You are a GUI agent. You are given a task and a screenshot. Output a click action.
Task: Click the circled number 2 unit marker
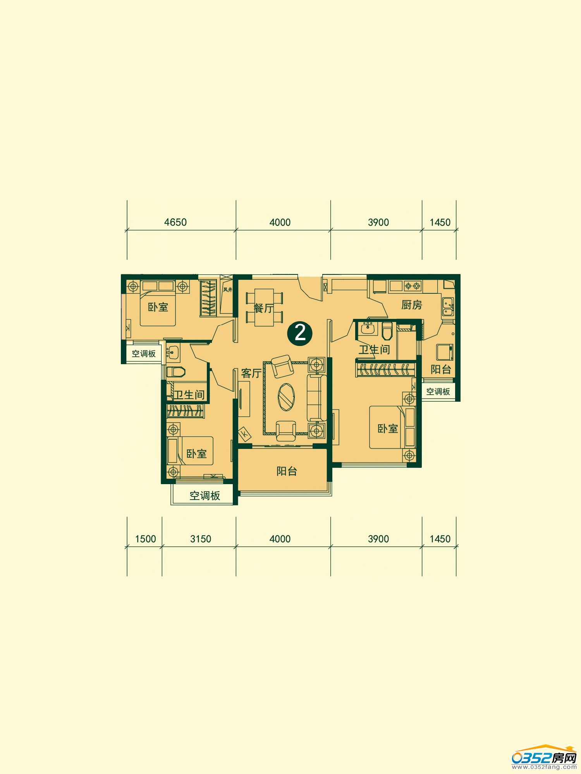[x=300, y=332]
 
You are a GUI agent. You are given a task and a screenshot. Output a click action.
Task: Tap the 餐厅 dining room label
[x=263, y=308]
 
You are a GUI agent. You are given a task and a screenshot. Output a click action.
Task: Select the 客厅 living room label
[x=251, y=373]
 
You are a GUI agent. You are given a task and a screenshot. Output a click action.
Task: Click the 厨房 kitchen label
[x=411, y=305]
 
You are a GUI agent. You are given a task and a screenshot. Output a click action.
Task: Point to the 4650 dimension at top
[x=175, y=222]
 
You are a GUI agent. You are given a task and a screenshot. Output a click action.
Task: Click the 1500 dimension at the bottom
[x=145, y=539]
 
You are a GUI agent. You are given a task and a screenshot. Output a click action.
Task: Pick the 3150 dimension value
[x=201, y=539]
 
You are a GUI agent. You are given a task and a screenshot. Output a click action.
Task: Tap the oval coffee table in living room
[x=286, y=397]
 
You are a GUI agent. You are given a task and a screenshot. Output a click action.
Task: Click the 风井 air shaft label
[x=227, y=289]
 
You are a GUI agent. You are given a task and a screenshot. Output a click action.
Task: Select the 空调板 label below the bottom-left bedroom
[x=205, y=495]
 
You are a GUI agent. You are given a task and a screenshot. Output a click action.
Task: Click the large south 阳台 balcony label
[x=287, y=471]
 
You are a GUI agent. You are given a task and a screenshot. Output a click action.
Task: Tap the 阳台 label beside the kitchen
[x=441, y=369]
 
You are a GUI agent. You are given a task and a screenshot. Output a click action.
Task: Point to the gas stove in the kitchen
[x=412, y=286]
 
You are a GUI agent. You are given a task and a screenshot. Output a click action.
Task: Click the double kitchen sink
[x=448, y=307]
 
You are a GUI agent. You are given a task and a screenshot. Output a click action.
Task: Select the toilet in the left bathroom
[x=175, y=372]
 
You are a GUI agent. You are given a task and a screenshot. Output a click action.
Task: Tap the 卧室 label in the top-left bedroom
[x=158, y=307]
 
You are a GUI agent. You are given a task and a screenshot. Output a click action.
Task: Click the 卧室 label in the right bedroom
[x=388, y=428]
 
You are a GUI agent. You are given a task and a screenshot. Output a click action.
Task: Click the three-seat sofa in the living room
[x=314, y=397]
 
